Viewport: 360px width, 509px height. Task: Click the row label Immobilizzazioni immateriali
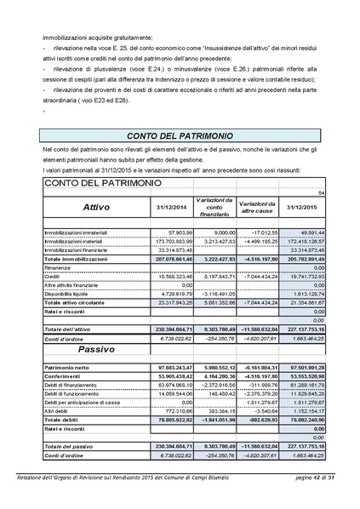[x=77, y=231]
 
